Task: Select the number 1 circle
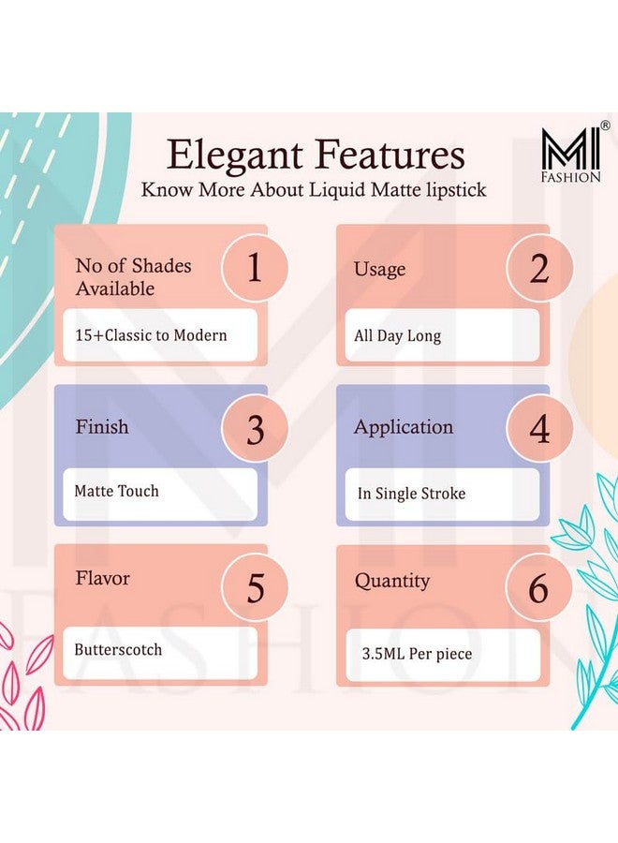[254, 267]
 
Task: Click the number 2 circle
[538, 269]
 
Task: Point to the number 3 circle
[255, 429]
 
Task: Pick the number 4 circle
[538, 429]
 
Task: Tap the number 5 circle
[255, 588]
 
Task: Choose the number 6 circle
[538, 588]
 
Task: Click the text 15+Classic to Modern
[152, 334]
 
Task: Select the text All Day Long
[397, 335]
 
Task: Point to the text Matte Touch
[117, 491]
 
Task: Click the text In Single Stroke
[411, 493]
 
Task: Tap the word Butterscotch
[118, 649]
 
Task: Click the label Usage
[379, 270]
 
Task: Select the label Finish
[102, 427]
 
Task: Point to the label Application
[403, 427]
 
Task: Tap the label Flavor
[103, 578]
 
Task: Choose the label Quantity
[391, 581]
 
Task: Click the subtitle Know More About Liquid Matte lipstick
[314, 189]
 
